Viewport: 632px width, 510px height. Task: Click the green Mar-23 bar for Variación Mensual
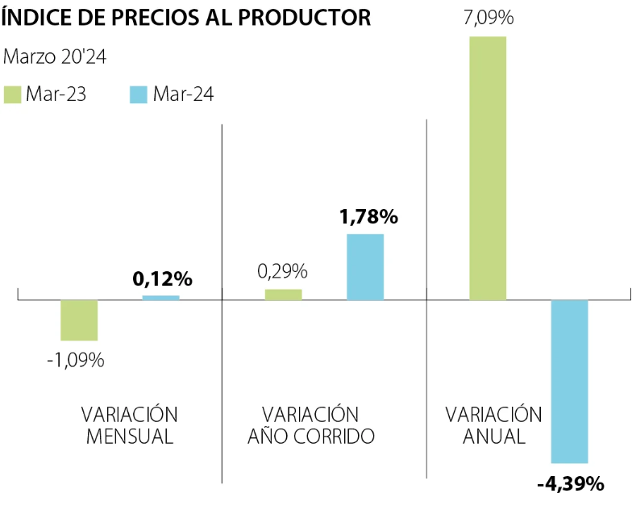(x=79, y=320)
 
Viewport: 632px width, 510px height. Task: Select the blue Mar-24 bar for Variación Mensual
(x=161, y=298)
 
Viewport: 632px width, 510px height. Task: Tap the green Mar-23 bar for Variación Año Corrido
(x=283, y=295)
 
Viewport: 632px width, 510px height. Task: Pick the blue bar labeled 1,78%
(x=365, y=267)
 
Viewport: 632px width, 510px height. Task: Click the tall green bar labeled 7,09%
(x=488, y=168)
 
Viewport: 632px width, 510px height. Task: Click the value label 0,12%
(x=162, y=279)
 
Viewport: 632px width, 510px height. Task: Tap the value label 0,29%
(x=282, y=272)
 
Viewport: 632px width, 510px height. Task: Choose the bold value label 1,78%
(x=368, y=216)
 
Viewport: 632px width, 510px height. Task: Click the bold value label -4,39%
(x=570, y=484)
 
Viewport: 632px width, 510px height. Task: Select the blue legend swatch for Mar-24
(x=138, y=94)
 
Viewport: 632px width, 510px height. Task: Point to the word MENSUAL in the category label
(x=130, y=437)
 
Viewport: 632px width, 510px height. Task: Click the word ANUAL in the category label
(x=494, y=437)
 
